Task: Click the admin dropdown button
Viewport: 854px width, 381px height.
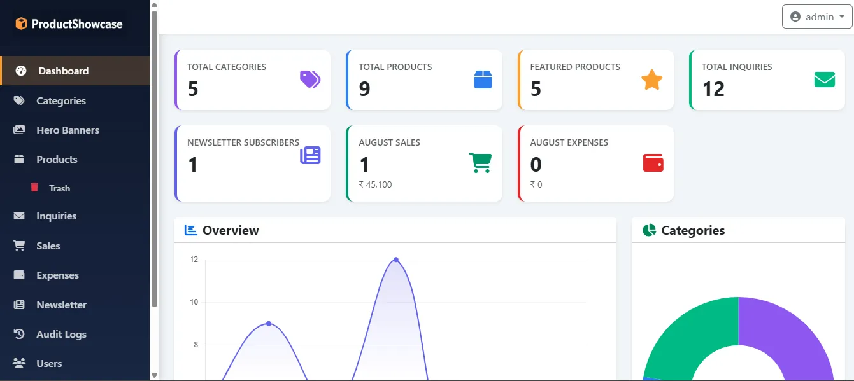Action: (816, 17)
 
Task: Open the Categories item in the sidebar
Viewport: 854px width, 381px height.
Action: (61, 101)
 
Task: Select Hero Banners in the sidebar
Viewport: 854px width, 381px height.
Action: (68, 130)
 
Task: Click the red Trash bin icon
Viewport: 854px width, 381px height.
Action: (34, 187)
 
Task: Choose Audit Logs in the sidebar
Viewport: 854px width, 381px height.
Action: (61, 334)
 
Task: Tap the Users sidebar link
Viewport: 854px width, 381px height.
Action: (49, 363)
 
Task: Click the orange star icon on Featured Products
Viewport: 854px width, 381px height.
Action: (651, 80)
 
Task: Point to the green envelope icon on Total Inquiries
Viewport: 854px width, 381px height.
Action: (824, 80)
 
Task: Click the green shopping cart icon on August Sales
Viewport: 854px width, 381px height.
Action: (480, 163)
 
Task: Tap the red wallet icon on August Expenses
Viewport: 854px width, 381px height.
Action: (653, 163)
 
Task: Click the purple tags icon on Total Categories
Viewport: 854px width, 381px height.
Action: (310, 79)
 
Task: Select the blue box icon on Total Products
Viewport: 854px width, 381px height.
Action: (483, 80)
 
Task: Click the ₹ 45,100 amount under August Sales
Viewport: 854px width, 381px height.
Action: (375, 184)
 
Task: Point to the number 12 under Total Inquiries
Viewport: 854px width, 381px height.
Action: (713, 89)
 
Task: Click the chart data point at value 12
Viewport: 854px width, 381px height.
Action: (396, 260)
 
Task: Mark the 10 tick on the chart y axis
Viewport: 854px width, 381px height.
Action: (194, 302)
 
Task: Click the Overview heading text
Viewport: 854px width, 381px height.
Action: (231, 230)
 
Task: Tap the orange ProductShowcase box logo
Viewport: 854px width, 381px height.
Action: (21, 24)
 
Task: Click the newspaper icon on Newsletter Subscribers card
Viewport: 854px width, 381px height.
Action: (310, 155)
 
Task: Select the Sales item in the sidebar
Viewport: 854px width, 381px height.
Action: (48, 246)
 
